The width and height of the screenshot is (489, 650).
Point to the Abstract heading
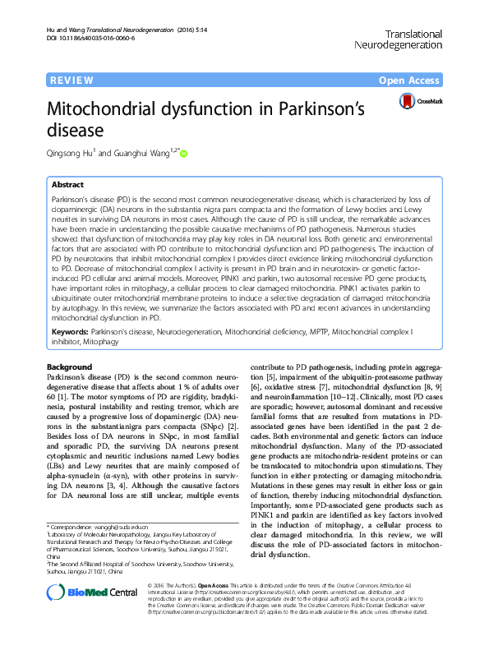pyautogui.click(x=68, y=186)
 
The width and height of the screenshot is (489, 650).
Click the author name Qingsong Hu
pyautogui.click(x=72, y=152)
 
